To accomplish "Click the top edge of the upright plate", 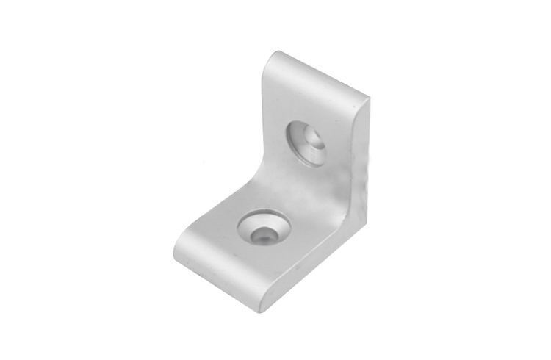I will click(x=320, y=73).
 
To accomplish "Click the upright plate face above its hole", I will click(x=316, y=103).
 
